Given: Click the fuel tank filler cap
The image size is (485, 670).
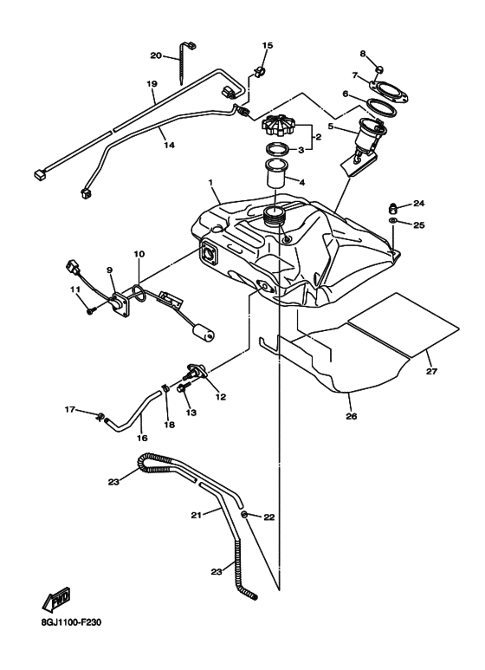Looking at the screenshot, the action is [277, 124].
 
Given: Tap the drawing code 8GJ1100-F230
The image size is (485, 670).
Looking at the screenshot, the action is [71, 622].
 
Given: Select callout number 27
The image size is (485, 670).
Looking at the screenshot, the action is [431, 371].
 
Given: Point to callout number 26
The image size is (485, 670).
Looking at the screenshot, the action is [351, 416].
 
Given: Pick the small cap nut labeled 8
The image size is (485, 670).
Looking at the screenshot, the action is [379, 69].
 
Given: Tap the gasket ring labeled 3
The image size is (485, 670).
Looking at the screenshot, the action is [275, 150].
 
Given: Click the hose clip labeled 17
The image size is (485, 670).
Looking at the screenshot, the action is [100, 416].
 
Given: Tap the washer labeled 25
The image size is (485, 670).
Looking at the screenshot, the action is [392, 220].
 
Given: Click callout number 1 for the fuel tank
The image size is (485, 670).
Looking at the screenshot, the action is [210, 183].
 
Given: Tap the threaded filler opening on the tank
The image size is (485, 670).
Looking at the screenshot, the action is [275, 216].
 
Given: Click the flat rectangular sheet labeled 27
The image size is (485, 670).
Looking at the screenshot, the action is [403, 325].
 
